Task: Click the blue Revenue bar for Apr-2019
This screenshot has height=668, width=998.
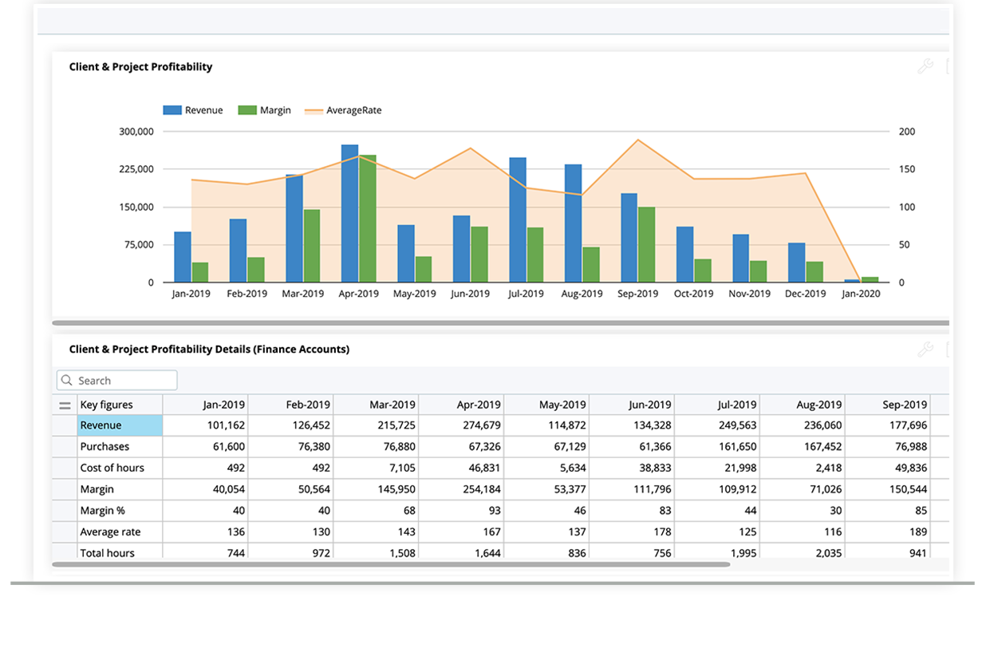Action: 349,214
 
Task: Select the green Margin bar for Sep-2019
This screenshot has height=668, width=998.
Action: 646,244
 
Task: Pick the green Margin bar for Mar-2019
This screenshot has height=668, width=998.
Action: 311,246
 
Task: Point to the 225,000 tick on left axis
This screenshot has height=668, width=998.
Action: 136,169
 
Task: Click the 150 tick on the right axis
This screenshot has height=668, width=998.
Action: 907,169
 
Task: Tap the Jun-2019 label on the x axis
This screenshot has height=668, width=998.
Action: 470,294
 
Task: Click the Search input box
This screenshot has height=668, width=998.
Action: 117,381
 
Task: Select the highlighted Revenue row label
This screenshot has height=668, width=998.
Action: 120,425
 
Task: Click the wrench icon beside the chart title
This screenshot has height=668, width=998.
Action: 925,66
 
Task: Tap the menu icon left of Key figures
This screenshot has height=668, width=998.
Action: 65,405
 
